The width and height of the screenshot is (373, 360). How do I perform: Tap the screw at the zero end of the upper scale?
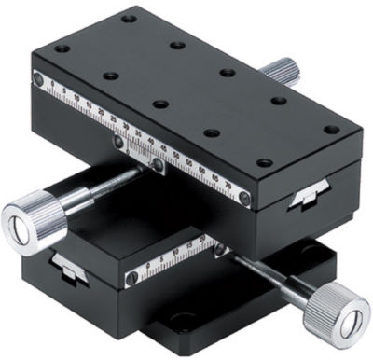37,79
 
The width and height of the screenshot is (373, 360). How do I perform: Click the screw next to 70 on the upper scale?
245,197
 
